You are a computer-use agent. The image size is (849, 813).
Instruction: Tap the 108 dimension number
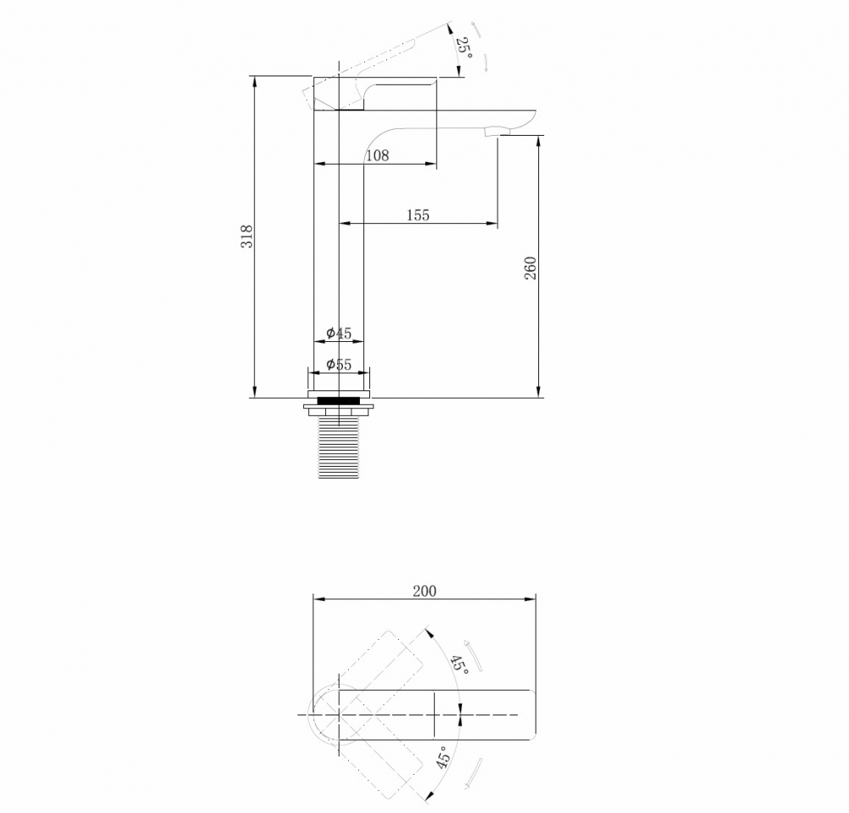(377, 155)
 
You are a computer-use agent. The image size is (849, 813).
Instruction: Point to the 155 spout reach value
(417, 216)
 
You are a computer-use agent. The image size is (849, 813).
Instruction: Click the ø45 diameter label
(339, 334)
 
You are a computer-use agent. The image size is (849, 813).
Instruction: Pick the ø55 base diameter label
(339, 365)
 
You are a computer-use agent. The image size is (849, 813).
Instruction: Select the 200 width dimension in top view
(424, 591)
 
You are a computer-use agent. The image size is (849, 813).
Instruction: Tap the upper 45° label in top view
(459, 664)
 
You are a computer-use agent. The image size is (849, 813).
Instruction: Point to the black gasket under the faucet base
(339, 400)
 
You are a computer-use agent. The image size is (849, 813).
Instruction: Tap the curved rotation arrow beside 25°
(481, 47)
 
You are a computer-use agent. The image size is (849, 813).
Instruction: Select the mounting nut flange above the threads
(339, 410)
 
